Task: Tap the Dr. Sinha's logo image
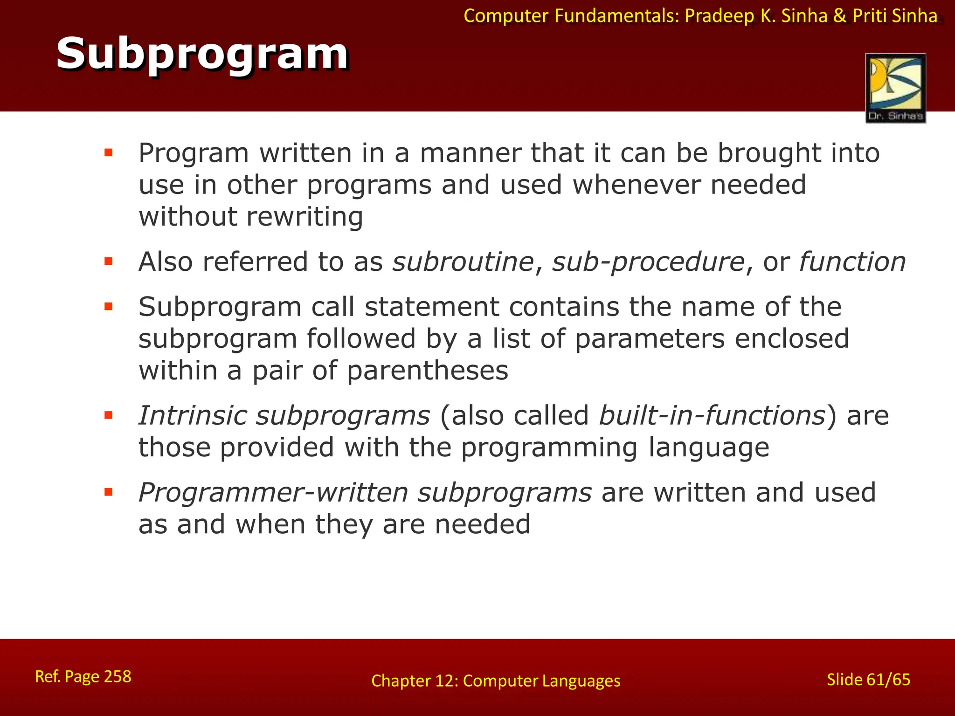coord(895,88)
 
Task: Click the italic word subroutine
coord(463,262)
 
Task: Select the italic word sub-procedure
coord(648,262)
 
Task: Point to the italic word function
coord(852,262)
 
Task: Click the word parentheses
coord(427,372)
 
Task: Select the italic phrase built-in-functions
coord(712,415)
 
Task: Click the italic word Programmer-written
coord(273,493)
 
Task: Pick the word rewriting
coord(304,217)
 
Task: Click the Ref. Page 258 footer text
coord(83,676)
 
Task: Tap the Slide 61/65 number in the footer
coord(868,680)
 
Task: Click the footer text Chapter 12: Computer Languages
coord(496,681)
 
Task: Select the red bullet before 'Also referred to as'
coord(109,261)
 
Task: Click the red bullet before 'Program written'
coord(109,152)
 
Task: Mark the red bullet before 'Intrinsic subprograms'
coord(109,415)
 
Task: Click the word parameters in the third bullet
coord(650,339)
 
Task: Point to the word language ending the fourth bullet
coord(708,448)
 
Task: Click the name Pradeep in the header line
coord(719,16)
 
